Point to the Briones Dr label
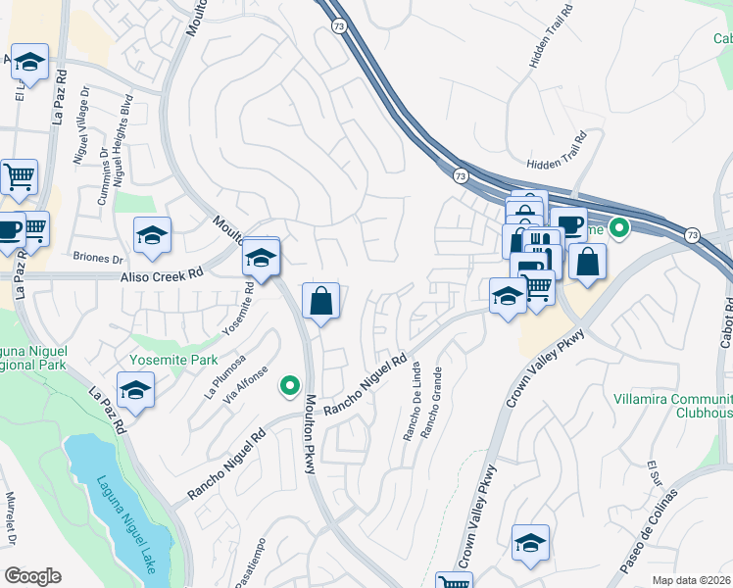(x=97, y=260)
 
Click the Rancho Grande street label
(x=430, y=403)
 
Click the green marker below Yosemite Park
(x=289, y=386)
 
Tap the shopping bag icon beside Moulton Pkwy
(x=320, y=303)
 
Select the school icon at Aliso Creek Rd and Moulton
(x=262, y=258)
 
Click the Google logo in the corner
(x=32, y=576)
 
